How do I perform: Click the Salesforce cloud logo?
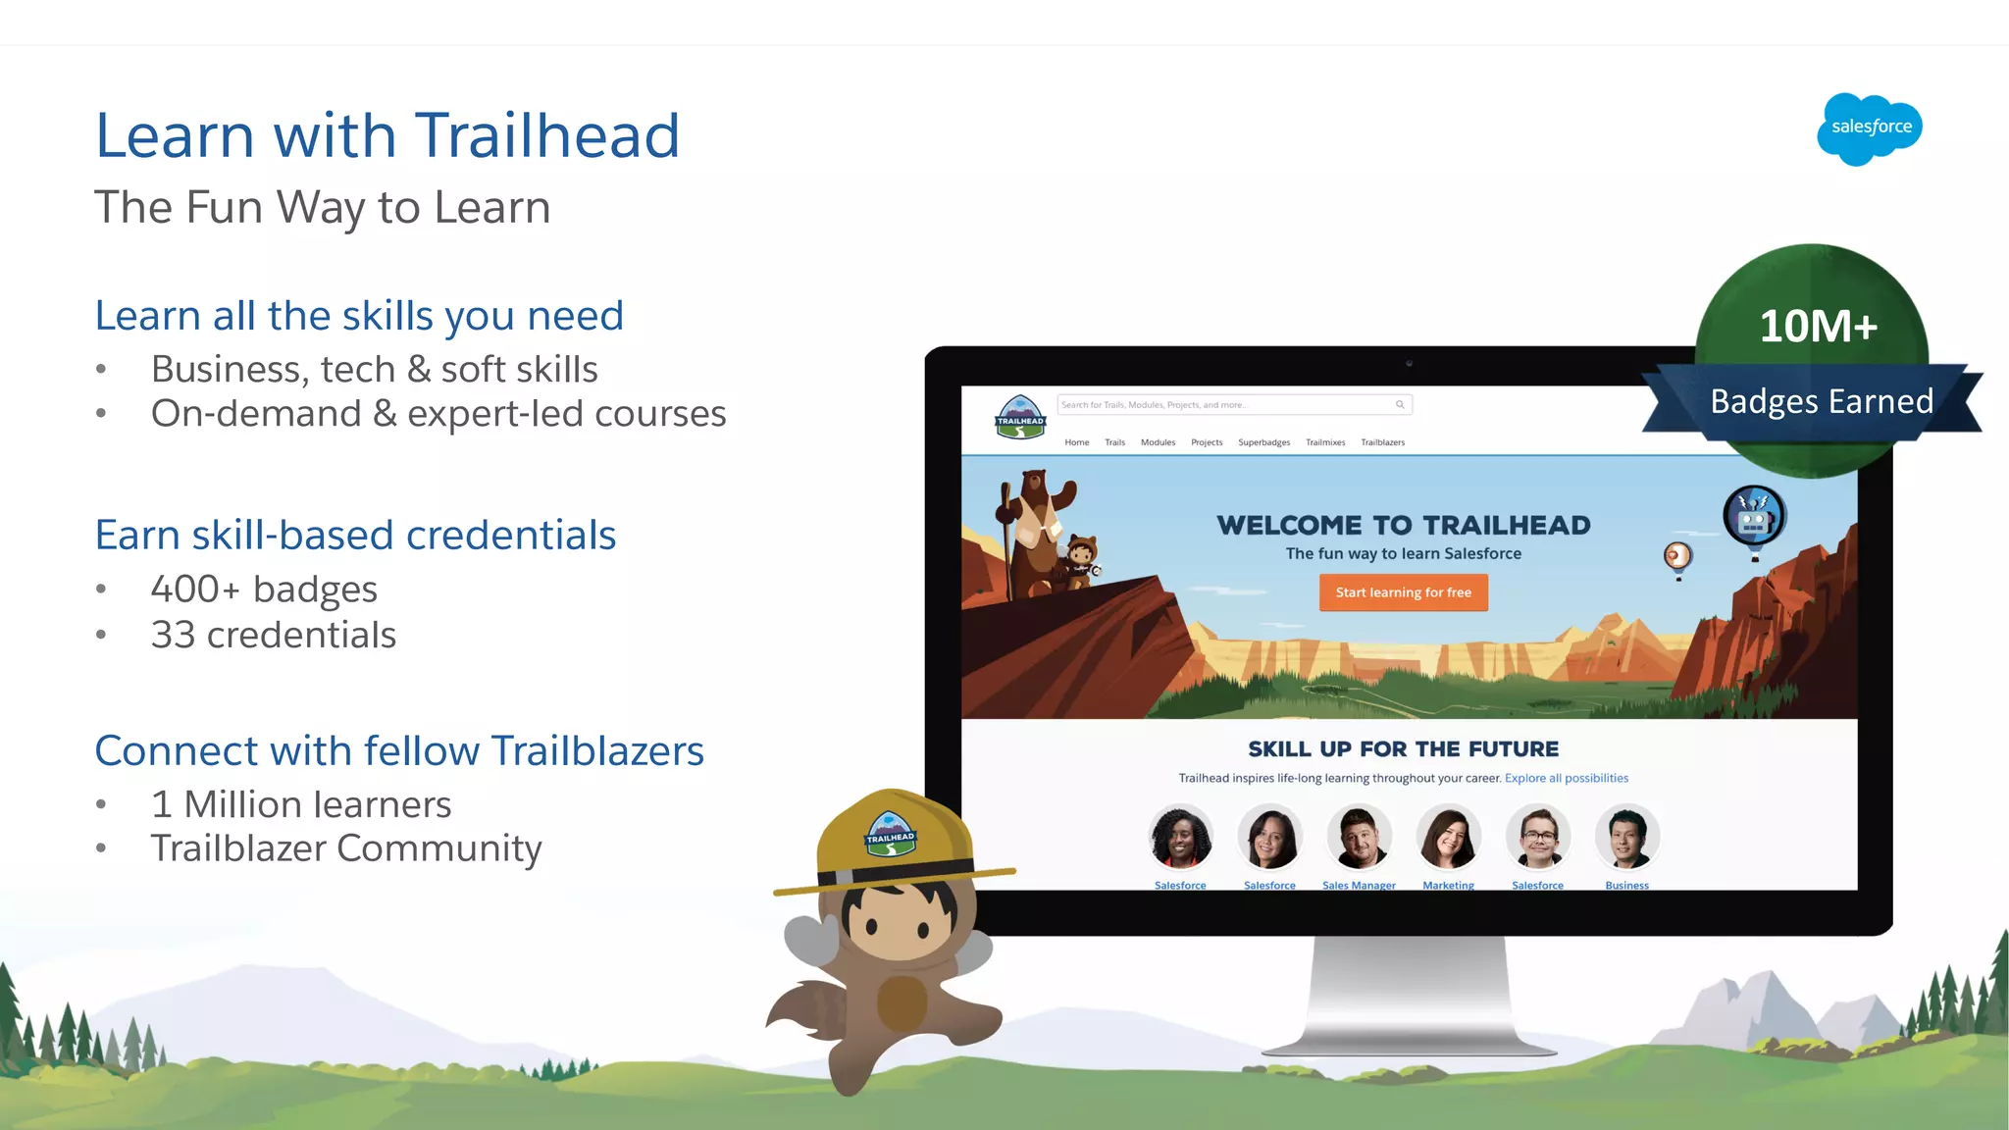[x=1870, y=128]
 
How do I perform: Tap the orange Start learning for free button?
[x=1403, y=592]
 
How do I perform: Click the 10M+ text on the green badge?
[x=1818, y=326]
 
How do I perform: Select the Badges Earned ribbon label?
[x=1822, y=401]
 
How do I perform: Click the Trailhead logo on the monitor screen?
[x=1020, y=418]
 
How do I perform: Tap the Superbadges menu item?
[x=1263, y=442]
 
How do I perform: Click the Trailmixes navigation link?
[x=1325, y=442]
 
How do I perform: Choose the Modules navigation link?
[x=1158, y=442]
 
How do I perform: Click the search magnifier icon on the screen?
[x=1400, y=404]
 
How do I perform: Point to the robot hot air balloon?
[x=1754, y=517]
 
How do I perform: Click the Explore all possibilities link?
[x=1566, y=778]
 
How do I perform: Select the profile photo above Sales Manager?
[x=1359, y=837]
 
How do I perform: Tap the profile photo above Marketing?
[x=1448, y=837]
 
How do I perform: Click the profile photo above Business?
[x=1626, y=837]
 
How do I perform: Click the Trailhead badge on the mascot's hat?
[x=890, y=834]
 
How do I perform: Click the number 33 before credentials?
[x=173, y=635]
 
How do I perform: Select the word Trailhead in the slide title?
[x=547, y=134]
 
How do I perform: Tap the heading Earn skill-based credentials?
[x=355, y=535]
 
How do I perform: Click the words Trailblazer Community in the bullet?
[x=345, y=847]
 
